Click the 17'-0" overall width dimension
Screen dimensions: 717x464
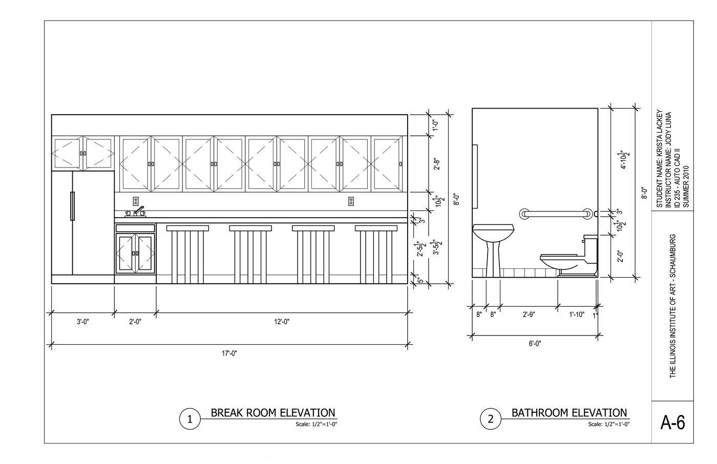tap(229, 353)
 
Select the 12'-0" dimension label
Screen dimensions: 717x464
tap(282, 322)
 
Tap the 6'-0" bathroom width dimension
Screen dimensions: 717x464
tap(535, 344)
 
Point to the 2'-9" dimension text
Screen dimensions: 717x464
tap(529, 314)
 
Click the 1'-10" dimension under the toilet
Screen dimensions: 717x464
tap(577, 314)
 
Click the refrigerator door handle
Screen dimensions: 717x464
tap(72, 206)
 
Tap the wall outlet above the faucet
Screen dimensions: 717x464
tap(136, 202)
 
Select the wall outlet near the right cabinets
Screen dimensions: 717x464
tap(351, 202)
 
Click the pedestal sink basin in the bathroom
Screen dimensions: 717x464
tap(493, 233)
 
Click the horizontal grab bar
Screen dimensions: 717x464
tap(556, 214)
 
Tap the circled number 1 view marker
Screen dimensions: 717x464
tap(190, 419)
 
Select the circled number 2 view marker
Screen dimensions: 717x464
tap(491, 419)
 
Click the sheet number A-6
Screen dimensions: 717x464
tap(672, 423)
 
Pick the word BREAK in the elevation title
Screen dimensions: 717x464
tap(226, 413)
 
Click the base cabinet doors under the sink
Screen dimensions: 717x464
tap(135, 254)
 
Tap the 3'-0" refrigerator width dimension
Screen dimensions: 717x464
tap(82, 322)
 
